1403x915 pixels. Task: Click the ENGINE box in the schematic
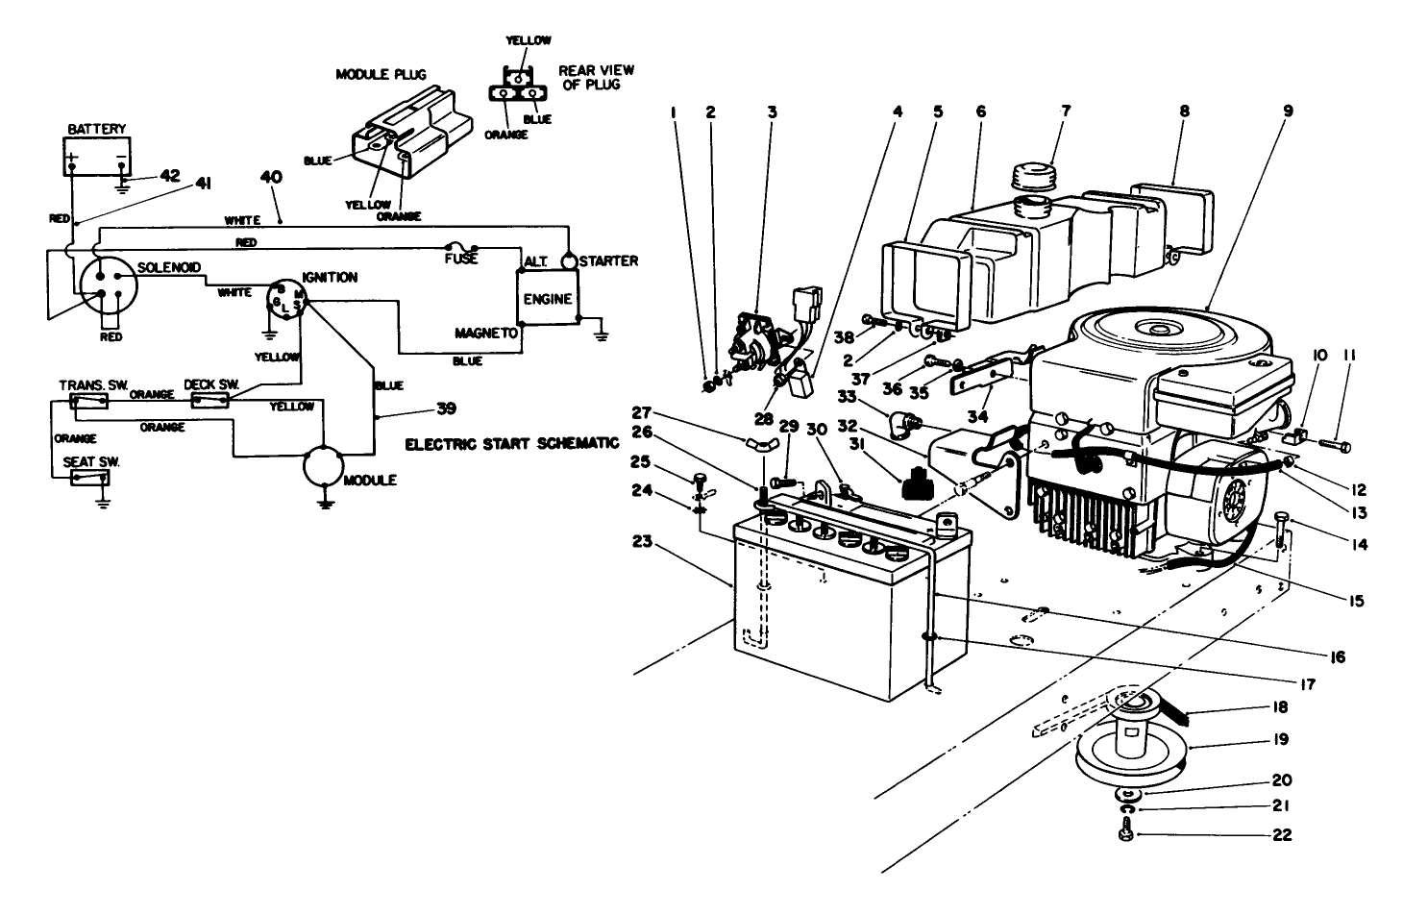pyautogui.click(x=547, y=299)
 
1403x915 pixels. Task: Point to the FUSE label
pyautogui.click(x=461, y=260)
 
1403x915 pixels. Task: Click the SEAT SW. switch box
pyautogui.click(x=90, y=478)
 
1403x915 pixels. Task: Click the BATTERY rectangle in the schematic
pyautogui.click(x=96, y=156)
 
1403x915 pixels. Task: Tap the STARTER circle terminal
pyautogui.click(x=569, y=260)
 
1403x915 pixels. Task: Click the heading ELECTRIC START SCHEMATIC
pyautogui.click(x=511, y=445)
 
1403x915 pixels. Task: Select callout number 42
pyautogui.click(x=170, y=176)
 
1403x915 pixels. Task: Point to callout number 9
pyautogui.click(x=1287, y=111)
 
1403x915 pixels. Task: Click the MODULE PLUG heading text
pyautogui.click(x=381, y=74)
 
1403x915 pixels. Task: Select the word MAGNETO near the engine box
pyautogui.click(x=486, y=333)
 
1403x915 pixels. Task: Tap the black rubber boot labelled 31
pyautogui.click(x=920, y=479)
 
